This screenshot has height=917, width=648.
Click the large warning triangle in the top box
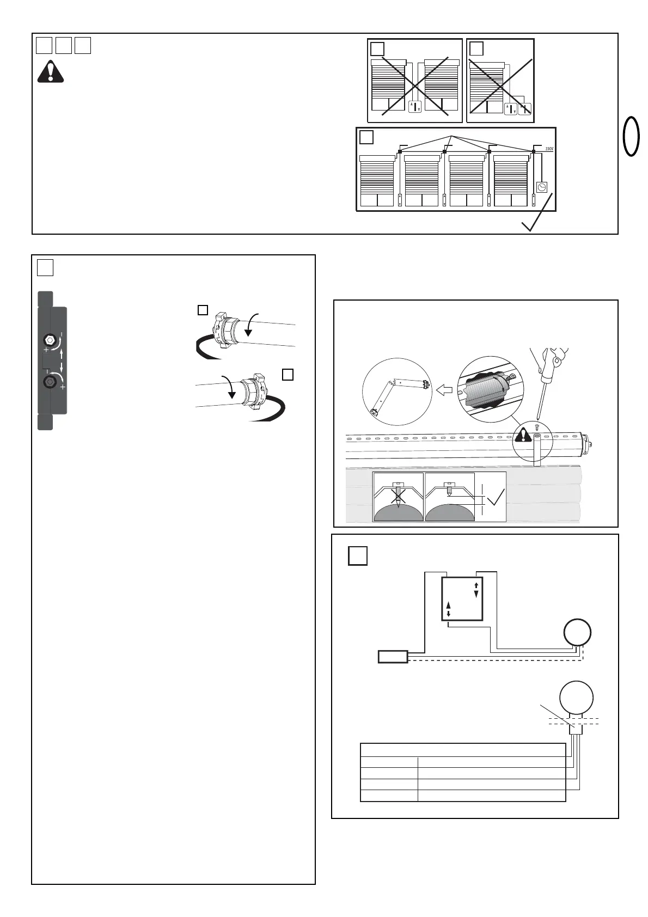point(51,71)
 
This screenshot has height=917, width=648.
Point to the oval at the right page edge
point(632,136)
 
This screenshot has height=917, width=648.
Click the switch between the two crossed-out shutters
point(414,106)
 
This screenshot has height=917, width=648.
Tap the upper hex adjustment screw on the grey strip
point(50,340)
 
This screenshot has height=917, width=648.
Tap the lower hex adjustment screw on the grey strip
point(50,382)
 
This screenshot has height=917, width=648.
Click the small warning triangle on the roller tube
point(524,435)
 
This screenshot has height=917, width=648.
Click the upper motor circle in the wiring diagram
point(577,633)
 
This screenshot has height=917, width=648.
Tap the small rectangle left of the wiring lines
point(393,656)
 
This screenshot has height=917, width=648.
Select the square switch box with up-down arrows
point(462,599)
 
